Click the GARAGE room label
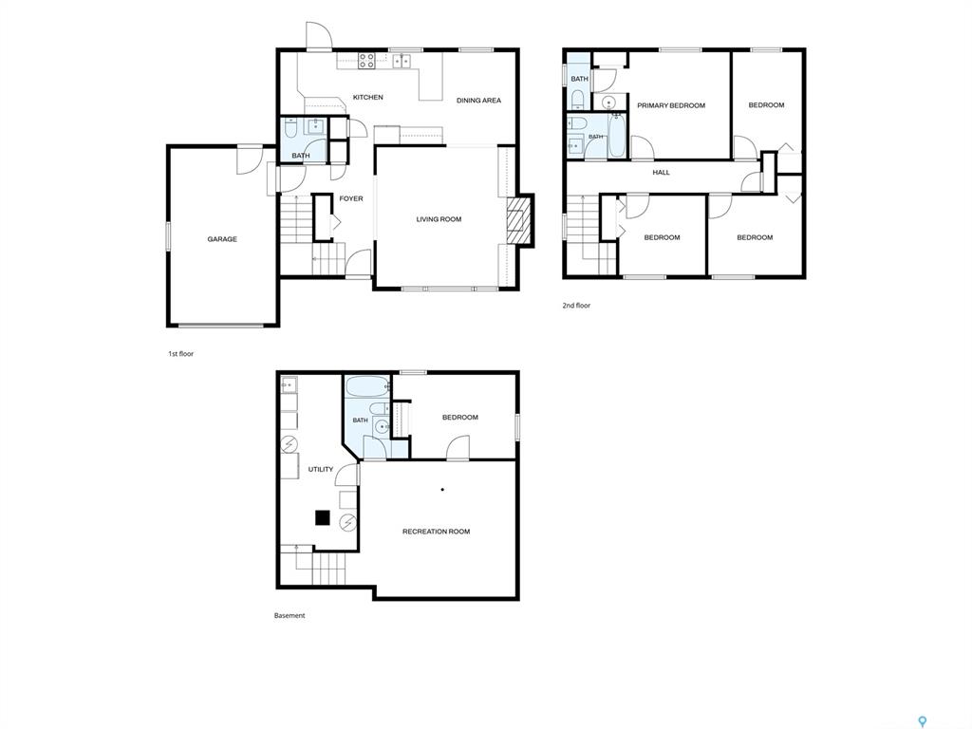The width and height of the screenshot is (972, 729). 222,239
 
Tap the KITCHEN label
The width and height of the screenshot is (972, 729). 367,98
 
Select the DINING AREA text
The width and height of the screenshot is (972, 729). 478,101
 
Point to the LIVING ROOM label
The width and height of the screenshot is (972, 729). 439,219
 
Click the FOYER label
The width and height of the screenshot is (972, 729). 351,199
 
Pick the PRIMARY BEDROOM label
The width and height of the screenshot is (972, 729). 671,106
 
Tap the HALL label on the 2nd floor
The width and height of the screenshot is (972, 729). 661,173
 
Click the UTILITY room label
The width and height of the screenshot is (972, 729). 321,470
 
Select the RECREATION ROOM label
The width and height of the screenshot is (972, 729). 437,532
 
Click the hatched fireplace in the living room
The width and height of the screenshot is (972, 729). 519,220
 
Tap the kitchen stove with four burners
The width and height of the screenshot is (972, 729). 366,60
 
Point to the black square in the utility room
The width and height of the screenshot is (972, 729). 323,517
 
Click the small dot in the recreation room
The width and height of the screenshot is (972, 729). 442,490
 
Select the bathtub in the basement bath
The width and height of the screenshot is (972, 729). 367,387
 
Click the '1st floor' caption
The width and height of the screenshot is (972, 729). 181,354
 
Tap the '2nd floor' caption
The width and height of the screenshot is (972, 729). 576,306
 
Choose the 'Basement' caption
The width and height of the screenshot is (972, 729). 290,615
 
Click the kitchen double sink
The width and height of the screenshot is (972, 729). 402,60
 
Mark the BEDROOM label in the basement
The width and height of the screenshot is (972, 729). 460,418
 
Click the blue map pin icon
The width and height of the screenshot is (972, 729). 923,721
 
